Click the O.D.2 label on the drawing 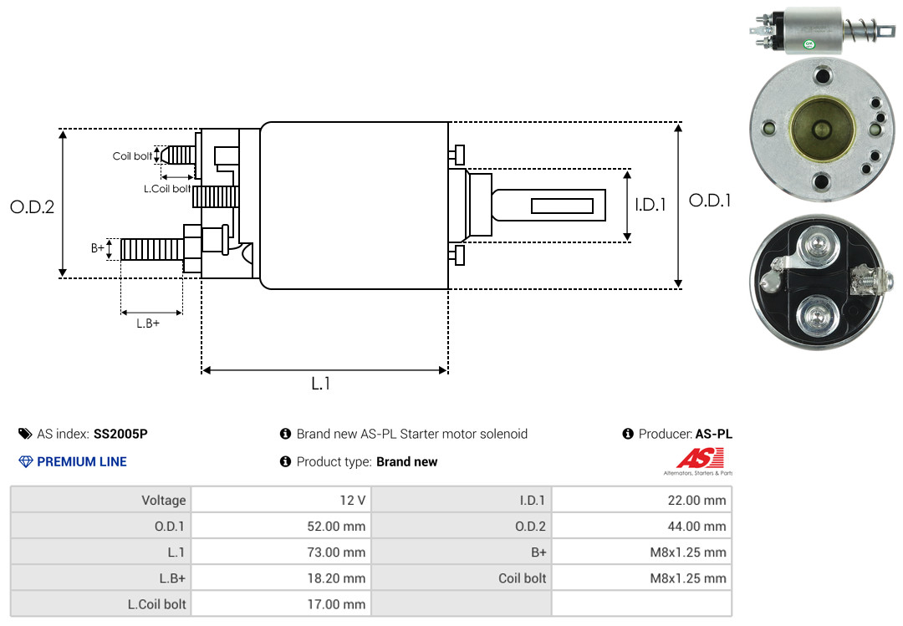[33, 206]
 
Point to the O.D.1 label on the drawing [710, 201]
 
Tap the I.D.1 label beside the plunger [650, 205]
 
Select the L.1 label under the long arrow [321, 384]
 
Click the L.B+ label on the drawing [148, 323]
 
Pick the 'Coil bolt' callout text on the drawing [132, 156]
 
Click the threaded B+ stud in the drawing [152, 249]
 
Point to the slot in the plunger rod [562, 206]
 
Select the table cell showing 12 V [353, 500]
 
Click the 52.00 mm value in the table [336, 526]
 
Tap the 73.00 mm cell [336, 552]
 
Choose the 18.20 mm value [336, 578]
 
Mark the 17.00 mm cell [336, 603]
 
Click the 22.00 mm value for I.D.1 [696, 500]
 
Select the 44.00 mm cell [696, 526]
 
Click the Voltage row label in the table [164, 500]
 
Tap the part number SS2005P [120, 434]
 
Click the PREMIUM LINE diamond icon [26, 461]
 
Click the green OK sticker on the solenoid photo [809, 43]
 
